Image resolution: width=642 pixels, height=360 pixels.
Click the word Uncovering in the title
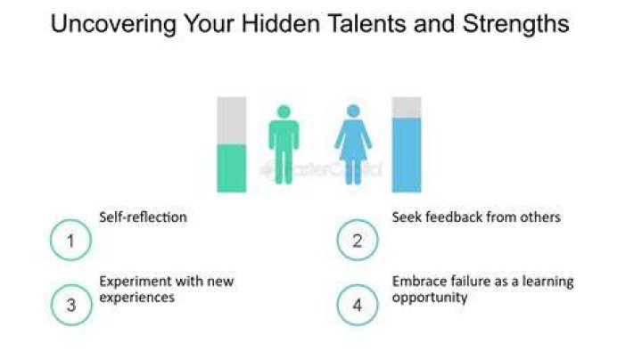point(113,25)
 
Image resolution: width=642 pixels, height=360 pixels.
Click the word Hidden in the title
point(281,23)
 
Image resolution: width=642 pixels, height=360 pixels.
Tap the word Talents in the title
point(367,23)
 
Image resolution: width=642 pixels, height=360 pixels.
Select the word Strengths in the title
point(516,25)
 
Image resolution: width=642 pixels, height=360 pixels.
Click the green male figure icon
point(284,144)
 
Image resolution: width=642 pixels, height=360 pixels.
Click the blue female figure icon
point(353,144)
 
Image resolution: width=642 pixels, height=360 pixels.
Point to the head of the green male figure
point(284,111)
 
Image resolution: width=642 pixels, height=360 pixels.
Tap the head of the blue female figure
point(353,110)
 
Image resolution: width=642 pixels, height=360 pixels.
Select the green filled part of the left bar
point(231,168)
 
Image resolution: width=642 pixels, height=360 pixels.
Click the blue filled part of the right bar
point(407,155)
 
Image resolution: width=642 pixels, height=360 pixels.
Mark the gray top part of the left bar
point(231,120)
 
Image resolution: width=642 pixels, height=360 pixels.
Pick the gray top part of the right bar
point(407,108)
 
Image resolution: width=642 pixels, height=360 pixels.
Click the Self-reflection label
point(143,217)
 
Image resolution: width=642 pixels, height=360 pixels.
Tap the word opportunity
point(430,298)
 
